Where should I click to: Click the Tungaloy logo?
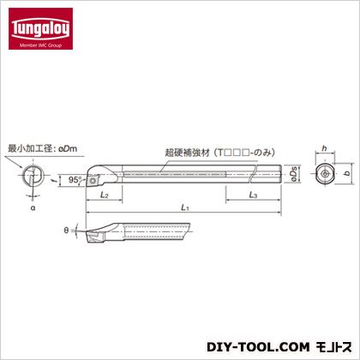[40, 28]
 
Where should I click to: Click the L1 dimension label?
[185, 207]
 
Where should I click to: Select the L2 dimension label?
[105, 195]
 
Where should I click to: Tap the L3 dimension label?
[253, 195]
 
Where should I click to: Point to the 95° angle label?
[75, 180]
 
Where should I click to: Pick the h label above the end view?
[324, 148]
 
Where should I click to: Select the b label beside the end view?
[347, 173]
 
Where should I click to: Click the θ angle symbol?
[66, 231]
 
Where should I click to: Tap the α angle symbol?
[33, 208]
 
